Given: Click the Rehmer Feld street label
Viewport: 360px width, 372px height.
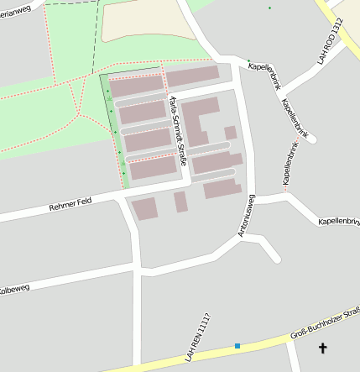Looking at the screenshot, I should coord(70,203).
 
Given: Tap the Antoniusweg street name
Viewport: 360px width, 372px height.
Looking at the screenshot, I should coord(246,217).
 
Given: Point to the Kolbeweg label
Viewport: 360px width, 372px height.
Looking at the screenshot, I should coord(14,289).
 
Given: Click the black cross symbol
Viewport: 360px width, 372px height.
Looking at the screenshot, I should coord(322,348).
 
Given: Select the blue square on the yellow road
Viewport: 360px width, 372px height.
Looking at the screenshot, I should coord(237,345).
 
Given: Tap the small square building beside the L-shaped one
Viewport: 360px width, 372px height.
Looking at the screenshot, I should coord(230,133).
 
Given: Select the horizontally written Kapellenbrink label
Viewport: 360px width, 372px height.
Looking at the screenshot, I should coord(338,222).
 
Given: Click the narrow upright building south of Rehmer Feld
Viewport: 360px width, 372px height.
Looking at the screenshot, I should coord(180,202).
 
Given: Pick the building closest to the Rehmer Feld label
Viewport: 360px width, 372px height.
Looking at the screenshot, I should coord(144,208).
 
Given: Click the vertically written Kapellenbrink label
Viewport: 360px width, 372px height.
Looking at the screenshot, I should coord(287,166).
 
